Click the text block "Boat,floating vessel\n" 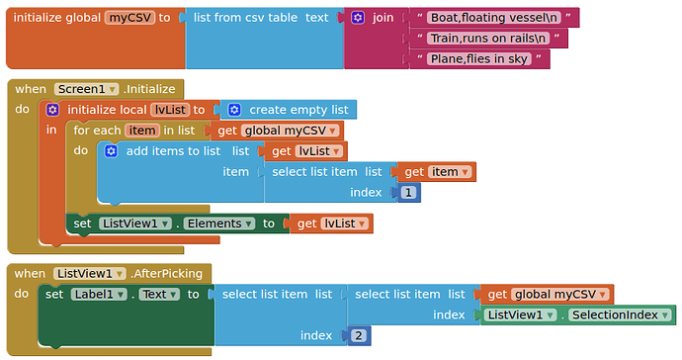[495, 17]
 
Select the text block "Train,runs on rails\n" [489, 39]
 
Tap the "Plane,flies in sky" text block [479, 59]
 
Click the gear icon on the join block [358, 18]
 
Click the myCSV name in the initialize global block [129, 18]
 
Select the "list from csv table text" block [261, 18]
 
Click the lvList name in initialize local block [170, 110]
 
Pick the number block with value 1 [408, 192]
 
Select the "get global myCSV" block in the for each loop [276, 131]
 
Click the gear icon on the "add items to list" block [111, 151]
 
